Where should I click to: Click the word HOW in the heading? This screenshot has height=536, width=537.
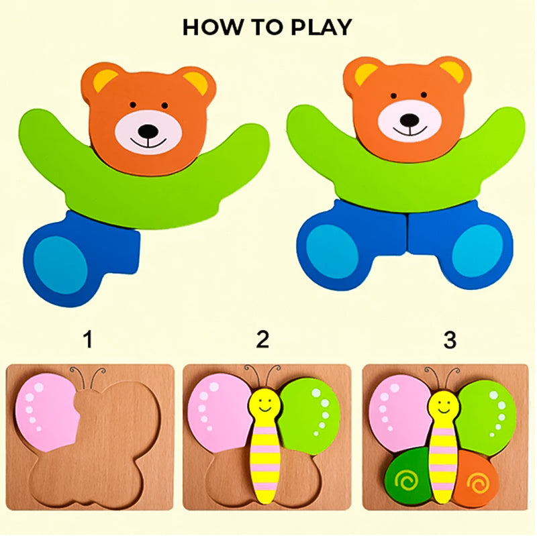[x=206, y=28]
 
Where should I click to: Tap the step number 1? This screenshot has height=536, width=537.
[x=87, y=340]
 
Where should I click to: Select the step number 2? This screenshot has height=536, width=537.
[x=262, y=340]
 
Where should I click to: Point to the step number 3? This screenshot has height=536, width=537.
[x=449, y=340]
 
